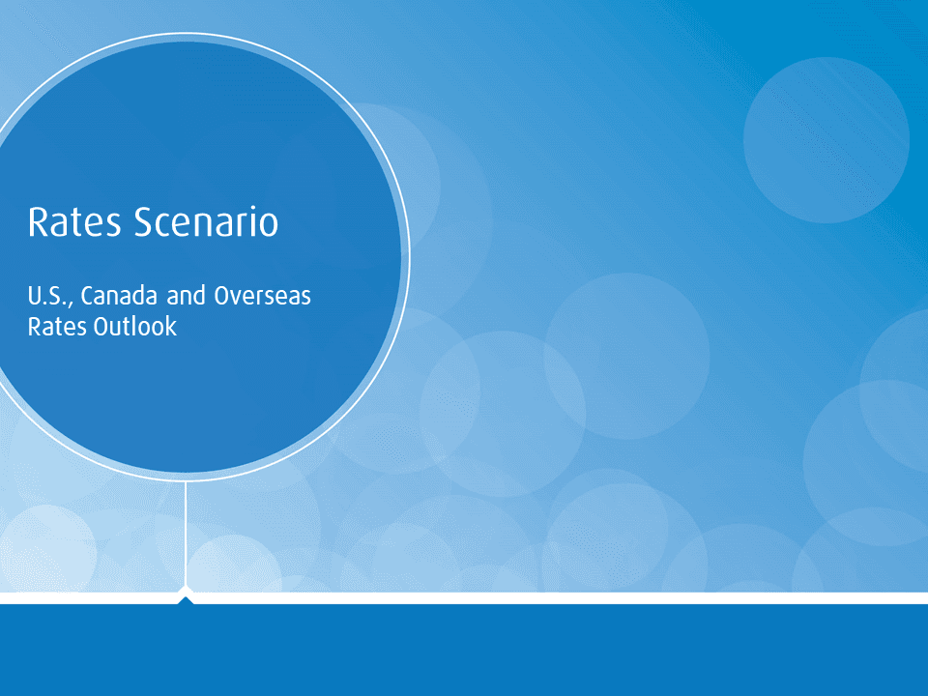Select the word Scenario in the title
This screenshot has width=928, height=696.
[206, 222]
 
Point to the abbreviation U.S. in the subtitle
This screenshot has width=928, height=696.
[49, 295]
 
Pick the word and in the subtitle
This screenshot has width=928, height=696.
[187, 295]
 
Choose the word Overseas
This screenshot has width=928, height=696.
[262, 295]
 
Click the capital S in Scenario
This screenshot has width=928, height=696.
[142, 222]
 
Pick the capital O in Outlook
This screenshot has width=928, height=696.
[101, 327]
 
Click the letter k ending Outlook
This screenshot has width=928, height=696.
[171, 327]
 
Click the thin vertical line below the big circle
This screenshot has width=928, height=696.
[186, 532]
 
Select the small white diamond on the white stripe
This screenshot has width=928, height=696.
[186, 593]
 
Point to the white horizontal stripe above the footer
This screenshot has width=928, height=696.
[580, 598]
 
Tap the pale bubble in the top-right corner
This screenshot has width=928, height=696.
[826, 140]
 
